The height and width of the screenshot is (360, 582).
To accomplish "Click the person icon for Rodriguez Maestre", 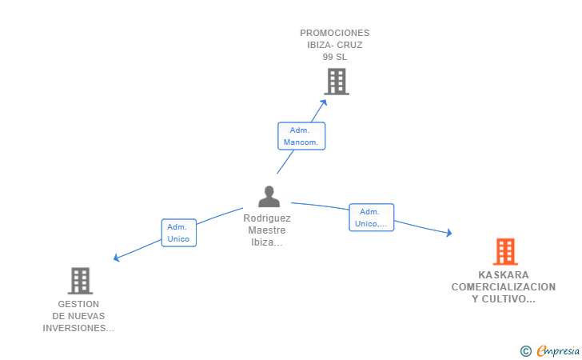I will pos(269,196).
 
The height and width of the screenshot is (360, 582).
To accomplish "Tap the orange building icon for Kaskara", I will pos(504,252).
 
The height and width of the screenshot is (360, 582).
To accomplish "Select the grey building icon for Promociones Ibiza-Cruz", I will pos(337,81).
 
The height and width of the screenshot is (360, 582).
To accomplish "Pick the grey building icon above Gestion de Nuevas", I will pos(80,281).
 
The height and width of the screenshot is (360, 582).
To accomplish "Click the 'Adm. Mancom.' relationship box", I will pos(301,136).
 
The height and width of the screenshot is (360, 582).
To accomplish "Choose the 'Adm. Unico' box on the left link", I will pos(178,233).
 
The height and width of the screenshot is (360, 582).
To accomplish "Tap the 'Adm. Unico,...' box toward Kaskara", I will pos(371,218).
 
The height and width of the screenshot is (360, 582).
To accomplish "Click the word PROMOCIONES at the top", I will pos(335,33).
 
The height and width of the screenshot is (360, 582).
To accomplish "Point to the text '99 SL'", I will pos(335,57).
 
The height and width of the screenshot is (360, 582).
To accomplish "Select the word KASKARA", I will pos(504,274).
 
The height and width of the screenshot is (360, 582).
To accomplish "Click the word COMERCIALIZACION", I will pos(504,286).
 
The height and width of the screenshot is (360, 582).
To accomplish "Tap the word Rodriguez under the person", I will pos(267,218).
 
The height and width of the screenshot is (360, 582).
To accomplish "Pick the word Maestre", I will pos(267,230).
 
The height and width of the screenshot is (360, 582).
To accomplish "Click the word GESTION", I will pos(78,304).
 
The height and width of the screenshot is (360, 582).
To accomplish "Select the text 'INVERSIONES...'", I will pos(78,328).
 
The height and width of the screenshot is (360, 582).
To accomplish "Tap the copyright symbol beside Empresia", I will pos(525,350).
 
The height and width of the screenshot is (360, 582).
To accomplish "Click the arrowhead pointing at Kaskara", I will pos(449,233).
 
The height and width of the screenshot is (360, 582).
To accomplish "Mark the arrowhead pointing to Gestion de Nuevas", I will pos(117,258).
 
